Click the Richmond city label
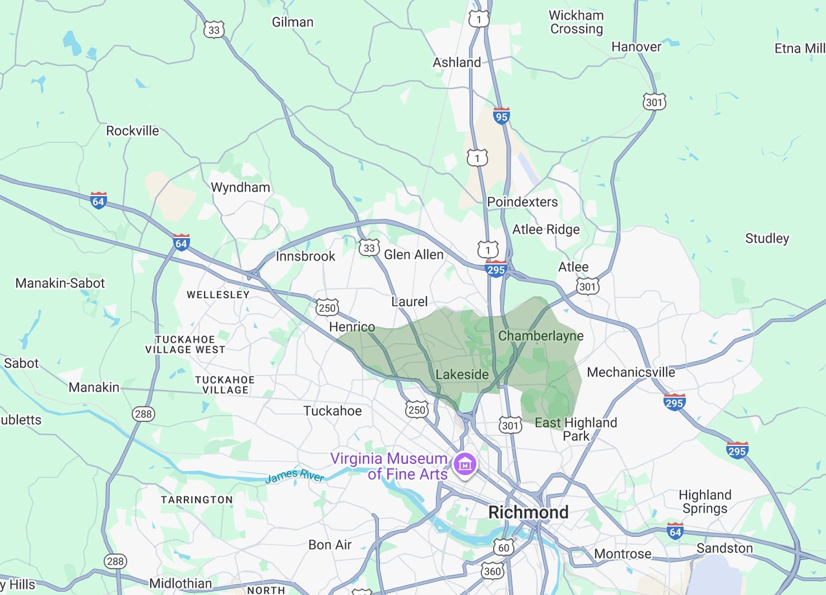(528, 512)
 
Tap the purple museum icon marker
(463, 463)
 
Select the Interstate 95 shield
(501, 116)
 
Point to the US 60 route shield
(503, 547)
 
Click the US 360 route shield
(492, 570)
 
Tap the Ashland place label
(456, 63)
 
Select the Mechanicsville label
(630, 372)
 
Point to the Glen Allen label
(414, 255)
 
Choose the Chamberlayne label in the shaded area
(541, 336)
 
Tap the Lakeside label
(462, 374)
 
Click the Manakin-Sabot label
(60, 283)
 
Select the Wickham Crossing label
(576, 22)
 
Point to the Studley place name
(767, 238)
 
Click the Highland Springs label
(705, 501)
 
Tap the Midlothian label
(180, 583)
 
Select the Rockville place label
(132, 130)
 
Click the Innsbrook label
(306, 256)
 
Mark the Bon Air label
(330, 545)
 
